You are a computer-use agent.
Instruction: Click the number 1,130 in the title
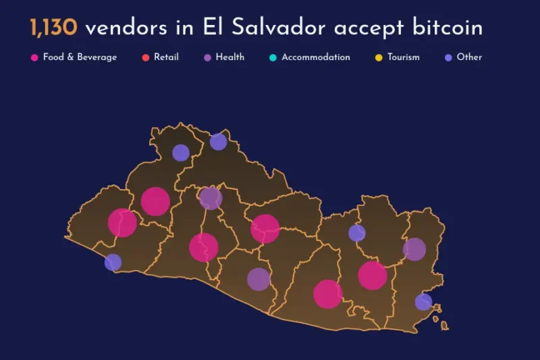(53, 28)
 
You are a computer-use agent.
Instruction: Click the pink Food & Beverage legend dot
(34, 57)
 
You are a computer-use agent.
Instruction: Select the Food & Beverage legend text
(80, 57)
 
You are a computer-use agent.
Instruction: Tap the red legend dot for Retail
(145, 57)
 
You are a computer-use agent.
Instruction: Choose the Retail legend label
(166, 57)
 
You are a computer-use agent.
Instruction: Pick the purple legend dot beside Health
(207, 57)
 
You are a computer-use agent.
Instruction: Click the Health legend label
(230, 57)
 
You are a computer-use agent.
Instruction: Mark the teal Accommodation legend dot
(273, 57)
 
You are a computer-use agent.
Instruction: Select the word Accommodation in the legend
(316, 57)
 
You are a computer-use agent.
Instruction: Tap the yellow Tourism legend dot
(379, 57)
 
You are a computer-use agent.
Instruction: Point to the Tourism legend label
(404, 57)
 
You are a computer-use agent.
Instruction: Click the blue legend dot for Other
(448, 57)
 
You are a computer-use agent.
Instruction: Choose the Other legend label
(469, 57)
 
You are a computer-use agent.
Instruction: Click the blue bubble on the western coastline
(113, 262)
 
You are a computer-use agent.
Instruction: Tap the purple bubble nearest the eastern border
(414, 249)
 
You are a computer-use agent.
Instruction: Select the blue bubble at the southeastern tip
(423, 302)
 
